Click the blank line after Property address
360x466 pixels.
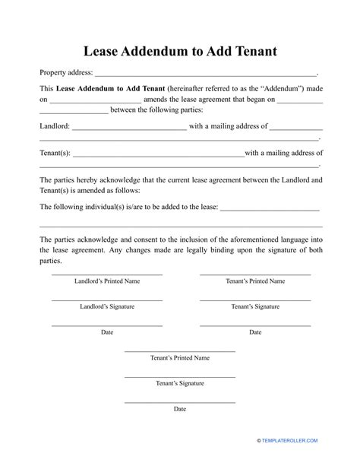[x=205, y=74]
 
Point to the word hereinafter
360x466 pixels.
[x=186, y=88]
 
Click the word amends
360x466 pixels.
[x=163, y=100]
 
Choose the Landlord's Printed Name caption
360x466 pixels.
[x=106, y=281]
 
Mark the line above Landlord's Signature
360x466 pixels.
[x=106, y=300]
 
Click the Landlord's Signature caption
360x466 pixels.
[x=106, y=306]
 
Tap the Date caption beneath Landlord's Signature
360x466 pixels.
[x=106, y=331]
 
